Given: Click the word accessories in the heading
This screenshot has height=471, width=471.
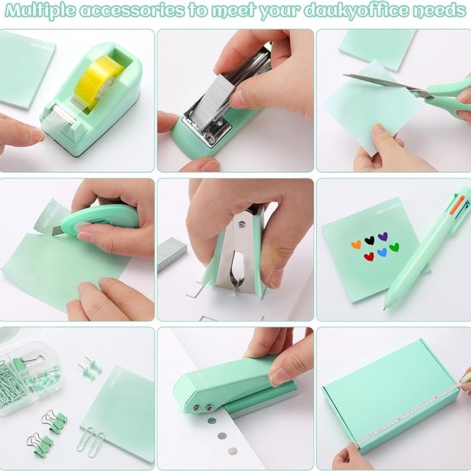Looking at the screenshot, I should pos(144,11).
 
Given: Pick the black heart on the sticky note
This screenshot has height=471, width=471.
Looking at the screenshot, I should pos(370,240).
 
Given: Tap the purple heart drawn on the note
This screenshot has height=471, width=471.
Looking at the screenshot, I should pos(383,238).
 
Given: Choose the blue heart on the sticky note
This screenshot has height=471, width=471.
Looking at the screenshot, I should pos(382,253).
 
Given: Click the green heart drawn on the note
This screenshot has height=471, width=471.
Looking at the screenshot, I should pos(394,247).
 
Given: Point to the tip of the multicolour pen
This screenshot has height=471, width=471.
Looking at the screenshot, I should pos(387,305).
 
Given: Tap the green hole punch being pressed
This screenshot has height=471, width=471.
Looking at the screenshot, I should pos(227,382).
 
